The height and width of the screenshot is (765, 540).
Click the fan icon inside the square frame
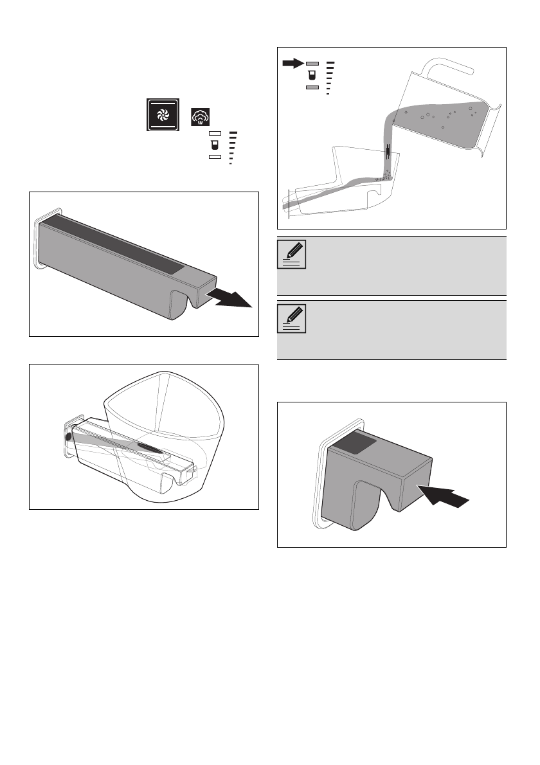161,114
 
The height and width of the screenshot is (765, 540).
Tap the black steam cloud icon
200,117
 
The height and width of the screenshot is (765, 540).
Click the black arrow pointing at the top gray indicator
293,63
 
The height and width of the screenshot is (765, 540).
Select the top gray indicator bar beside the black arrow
312,64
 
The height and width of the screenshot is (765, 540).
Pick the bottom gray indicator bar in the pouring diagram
312,87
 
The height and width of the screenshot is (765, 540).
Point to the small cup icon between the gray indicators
312,75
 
